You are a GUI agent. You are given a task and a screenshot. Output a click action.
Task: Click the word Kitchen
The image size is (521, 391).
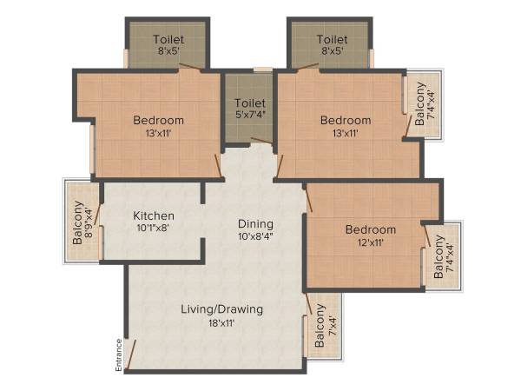[154, 215]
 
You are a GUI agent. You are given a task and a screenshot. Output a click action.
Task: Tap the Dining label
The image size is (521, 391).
[256, 223]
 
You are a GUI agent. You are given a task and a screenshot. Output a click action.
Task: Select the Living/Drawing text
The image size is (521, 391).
[221, 309]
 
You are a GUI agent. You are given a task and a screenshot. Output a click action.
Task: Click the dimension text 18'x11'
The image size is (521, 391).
[221, 323]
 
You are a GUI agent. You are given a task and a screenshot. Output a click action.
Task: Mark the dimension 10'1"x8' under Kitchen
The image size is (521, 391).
[154, 229]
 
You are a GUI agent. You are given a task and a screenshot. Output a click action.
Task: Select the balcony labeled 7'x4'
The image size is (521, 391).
[324, 326]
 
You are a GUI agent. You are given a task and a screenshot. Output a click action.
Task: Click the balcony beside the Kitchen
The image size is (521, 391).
[82, 222]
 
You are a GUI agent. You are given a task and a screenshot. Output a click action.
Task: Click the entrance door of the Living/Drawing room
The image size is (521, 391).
[130, 353]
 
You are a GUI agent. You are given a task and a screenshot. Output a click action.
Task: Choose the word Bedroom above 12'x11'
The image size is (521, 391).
[371, 229]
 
